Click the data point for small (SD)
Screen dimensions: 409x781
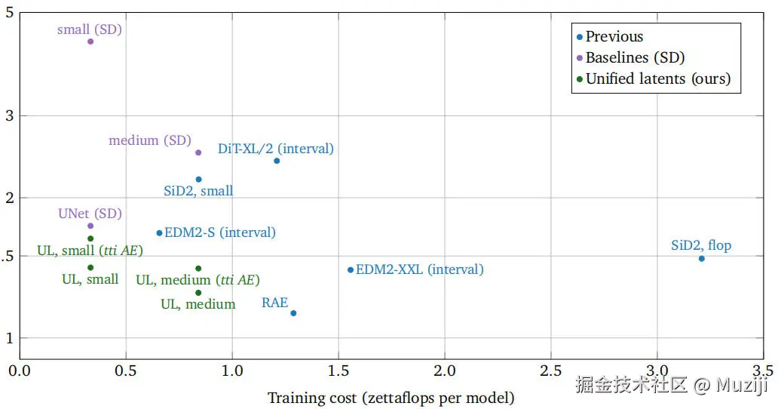coord(90,42)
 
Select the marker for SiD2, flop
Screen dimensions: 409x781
coord(701,259)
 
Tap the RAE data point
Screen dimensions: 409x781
coord(293,313)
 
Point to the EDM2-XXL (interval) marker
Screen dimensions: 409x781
coord(351,270)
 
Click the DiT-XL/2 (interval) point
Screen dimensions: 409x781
coord(277,161)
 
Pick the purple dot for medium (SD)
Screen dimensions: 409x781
coord(198,152)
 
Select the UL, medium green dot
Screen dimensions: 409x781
coord(198,293)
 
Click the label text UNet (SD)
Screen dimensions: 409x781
coord(90,214)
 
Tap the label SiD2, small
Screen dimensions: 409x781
coord(198,191)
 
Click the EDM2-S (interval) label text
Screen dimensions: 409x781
coord(220,232)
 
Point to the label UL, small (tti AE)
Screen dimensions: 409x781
coord(90,251)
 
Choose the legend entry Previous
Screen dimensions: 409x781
coord(614,36)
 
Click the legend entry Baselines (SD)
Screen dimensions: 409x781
coord(635,57)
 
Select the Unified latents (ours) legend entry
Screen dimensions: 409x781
coord(658,78)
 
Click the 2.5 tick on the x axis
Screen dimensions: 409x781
coord(551,371)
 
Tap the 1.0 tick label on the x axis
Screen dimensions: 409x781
coord(232,371)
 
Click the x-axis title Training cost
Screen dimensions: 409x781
coord(390,398)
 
